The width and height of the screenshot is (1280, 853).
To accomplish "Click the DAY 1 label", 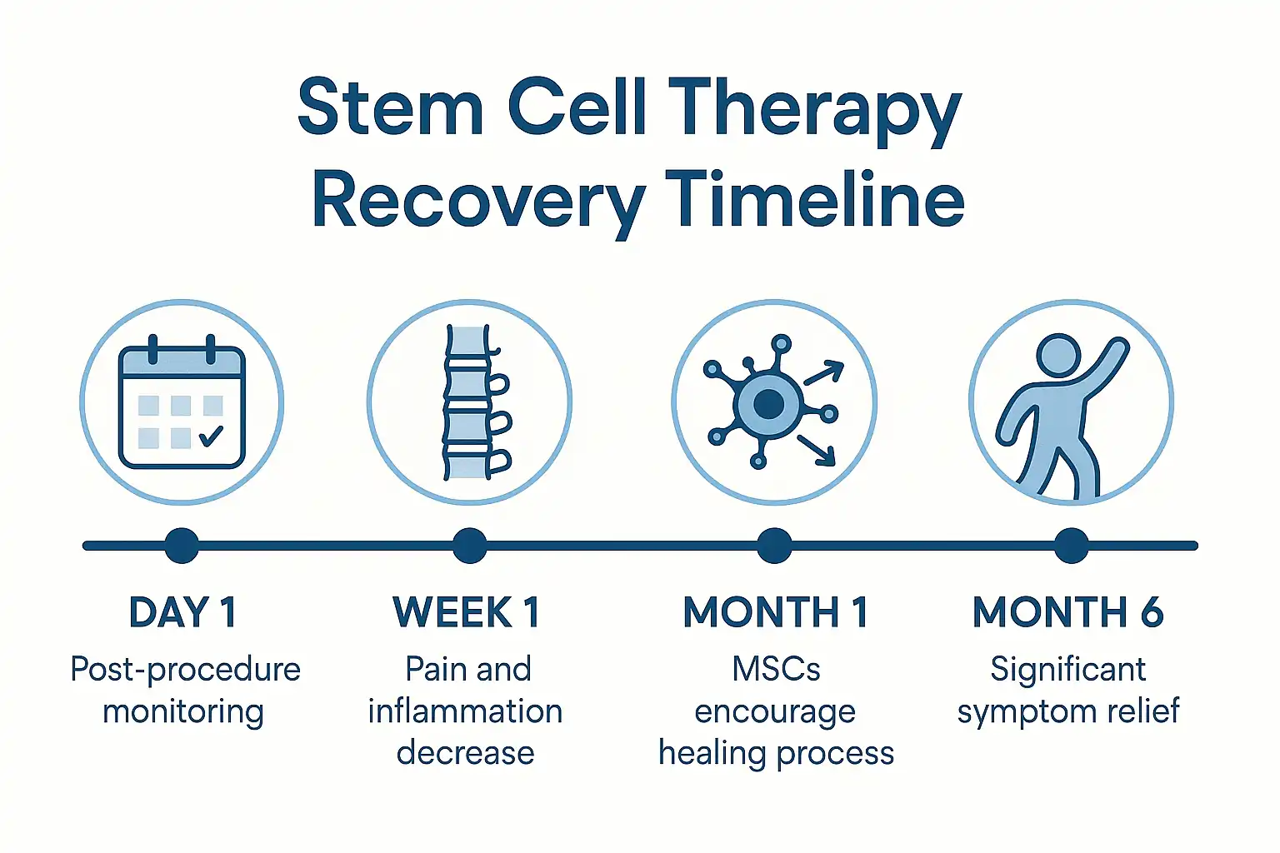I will (182, 612).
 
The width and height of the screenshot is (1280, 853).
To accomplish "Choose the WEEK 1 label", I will (467, 612).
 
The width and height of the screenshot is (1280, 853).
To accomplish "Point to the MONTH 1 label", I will (776, 612).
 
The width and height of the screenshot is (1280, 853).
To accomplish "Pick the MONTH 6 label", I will (1068, 612).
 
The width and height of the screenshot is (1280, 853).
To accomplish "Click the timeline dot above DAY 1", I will (182, 546).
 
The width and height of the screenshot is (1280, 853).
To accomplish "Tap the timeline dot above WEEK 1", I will (470, 546).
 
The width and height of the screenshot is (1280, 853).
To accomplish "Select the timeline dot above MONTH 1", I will (774, 546).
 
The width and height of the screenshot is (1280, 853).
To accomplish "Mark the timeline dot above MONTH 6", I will (1071, 546).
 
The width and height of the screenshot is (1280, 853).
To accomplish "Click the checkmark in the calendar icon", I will (212, 435).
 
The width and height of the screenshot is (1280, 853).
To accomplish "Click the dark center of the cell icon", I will (767, 405).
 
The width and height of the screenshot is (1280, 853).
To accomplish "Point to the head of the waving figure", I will (1058, 356).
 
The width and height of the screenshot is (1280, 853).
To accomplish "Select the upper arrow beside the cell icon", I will (823, 373).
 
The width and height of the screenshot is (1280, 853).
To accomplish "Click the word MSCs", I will (776, 669).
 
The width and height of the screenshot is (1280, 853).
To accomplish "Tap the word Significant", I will (1067, 669).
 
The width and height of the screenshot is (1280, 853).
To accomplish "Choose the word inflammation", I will (465, 711).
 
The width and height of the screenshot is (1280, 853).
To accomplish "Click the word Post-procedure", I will (185, 669).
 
